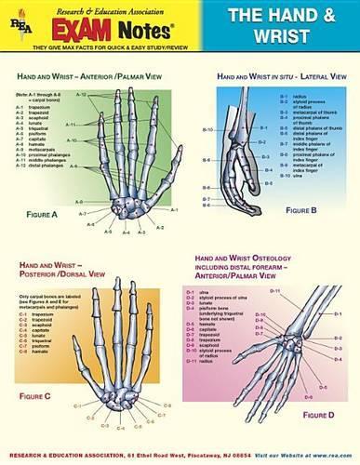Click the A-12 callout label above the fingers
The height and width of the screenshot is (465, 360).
click(x=81, y=95)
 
